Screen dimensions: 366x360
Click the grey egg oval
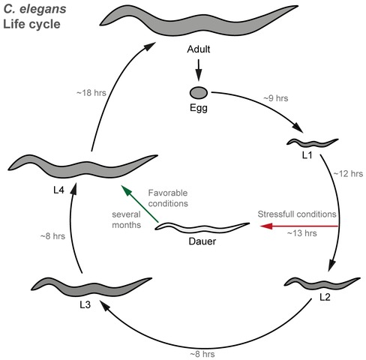199,93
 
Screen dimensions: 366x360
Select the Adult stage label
199,49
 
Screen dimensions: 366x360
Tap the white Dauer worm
202,227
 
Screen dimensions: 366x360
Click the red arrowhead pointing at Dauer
266,226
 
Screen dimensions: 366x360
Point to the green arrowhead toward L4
126,190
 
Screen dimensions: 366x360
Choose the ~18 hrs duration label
91,93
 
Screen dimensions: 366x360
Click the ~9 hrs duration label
276,98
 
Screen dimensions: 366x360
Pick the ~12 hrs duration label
348,173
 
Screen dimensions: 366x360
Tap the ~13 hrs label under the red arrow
302,233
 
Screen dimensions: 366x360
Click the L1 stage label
307,155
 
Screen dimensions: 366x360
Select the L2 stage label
325,297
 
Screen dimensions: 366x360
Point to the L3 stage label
85,304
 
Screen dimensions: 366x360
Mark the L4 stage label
59,190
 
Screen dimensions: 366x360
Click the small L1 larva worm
313,142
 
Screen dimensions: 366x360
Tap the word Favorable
168,193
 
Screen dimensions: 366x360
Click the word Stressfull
274,214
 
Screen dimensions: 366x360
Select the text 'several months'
127,220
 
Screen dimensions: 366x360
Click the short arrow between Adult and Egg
199,70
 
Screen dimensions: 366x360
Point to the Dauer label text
202,241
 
